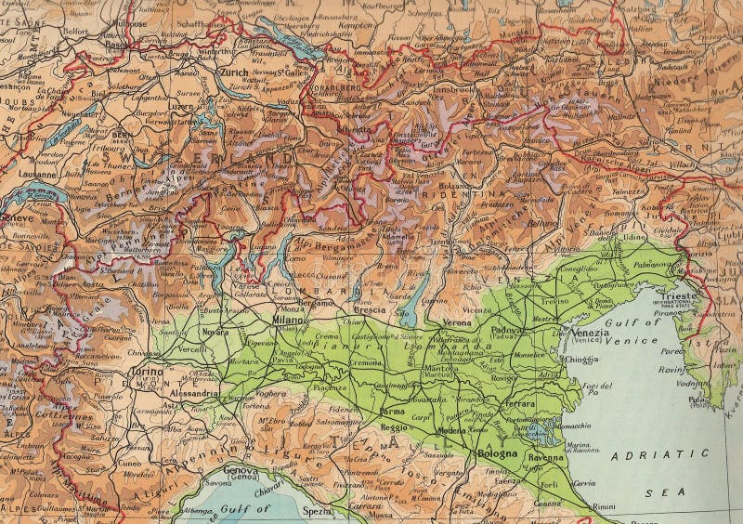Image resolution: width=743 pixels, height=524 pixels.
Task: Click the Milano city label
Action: click(x=289, y=321)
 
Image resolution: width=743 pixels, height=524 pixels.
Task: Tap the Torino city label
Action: click(x=148, y=371)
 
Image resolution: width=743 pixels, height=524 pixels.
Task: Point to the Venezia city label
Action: click(x=590, y=333)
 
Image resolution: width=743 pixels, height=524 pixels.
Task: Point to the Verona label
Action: click(x=457, y=322)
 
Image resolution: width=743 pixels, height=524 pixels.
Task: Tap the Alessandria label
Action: click(x=194, y=393)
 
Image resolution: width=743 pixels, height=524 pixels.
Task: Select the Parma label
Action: click(x=394, y=412)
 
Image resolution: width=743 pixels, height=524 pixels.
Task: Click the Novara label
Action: click(x=215, y=332)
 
